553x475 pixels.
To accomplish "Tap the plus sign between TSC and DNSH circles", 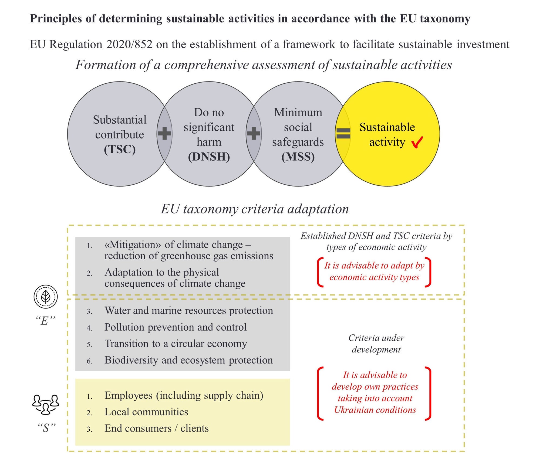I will tap(164, 133).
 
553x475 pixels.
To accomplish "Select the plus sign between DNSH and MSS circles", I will tap(254, 133).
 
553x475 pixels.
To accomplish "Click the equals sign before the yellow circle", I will tap(343, 133).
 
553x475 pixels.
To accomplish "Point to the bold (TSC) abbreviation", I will tap(120, 149).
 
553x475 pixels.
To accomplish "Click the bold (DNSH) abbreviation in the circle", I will tap(209, 157).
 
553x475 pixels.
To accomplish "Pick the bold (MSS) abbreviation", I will tap(298, 157).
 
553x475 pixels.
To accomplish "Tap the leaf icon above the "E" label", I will tap(46, 297).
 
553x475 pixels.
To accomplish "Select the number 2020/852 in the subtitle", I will tap(129, 45).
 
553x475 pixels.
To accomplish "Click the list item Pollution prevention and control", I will tap(176, 327).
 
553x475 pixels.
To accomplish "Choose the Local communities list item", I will tap(146, 412).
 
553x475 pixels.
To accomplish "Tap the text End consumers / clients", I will tap(156, 428).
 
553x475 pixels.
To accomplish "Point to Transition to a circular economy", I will tap(176, 344).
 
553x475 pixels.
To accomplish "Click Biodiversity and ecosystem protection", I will tap(188, 360).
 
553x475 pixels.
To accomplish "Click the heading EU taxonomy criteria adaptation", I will tap(255, 209).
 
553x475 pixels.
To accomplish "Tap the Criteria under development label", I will tap(376, 344).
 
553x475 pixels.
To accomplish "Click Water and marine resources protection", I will tap(188, 311).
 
